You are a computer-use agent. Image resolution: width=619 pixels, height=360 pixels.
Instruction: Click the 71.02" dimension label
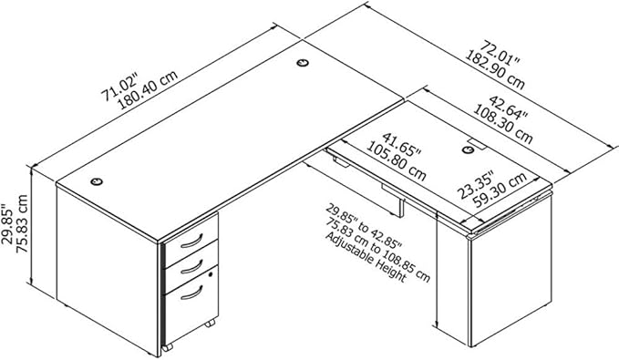tap(119, 87)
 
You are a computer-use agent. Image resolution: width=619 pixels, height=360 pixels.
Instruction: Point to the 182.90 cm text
tap(494, 70)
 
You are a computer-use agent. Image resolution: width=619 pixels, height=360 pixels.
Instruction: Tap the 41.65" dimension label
tap(401, 146)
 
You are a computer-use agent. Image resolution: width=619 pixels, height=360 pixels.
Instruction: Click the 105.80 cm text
tap(397, 161)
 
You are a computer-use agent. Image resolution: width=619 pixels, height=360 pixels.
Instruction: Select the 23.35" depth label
tap(476, 185)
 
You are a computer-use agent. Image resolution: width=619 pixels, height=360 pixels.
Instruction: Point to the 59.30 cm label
tap(500, 190)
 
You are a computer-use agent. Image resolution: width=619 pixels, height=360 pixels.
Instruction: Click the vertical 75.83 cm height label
tap(21, 224)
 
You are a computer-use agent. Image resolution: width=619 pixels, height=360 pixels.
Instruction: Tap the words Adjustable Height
tap(366, 258)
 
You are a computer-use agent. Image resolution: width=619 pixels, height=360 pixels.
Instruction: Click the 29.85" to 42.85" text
tap(363, 226)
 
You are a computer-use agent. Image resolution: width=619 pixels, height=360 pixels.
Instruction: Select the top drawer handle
tap(191, 241)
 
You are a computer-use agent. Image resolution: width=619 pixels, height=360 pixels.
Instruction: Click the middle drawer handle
tap(191, 267)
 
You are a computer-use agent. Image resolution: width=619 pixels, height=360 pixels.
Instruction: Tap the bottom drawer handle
tap(191, 293)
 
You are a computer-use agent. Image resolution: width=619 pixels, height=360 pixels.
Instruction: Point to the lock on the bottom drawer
tap(211, 274)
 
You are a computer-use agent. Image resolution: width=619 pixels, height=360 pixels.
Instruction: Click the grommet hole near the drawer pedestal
tap(97, 181)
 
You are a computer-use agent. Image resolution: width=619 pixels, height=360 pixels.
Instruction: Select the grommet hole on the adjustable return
tap(468, 149)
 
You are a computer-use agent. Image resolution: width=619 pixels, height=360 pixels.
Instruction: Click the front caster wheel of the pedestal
tap(168, 347)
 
